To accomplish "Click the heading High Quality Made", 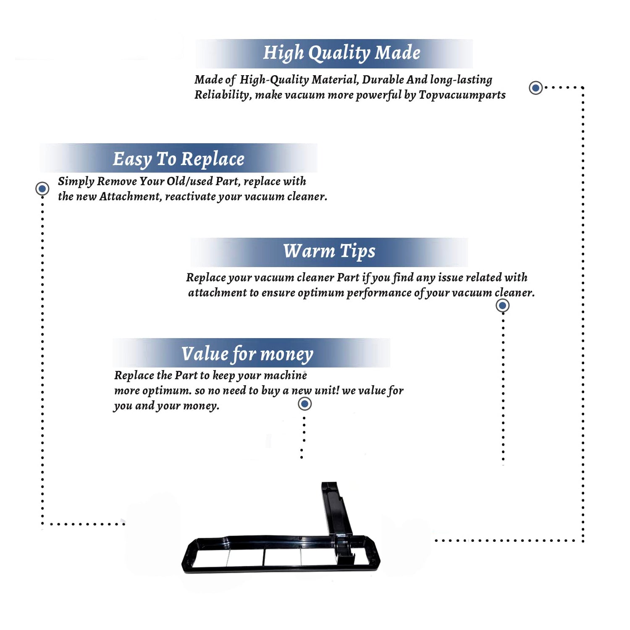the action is point(341,53).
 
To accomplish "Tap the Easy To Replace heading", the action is point(178,160).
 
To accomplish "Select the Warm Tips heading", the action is point(329,251).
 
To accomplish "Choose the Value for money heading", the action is point(247,354).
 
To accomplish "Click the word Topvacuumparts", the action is point(462,95).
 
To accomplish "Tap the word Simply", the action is point(76,182).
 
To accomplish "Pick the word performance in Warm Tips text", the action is point(379,293).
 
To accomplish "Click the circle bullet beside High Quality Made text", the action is point(535,88).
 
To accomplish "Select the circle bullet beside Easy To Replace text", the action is point(42,189).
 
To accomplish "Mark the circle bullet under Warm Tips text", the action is point(503,305).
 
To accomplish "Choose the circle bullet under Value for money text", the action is point(304,404).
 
